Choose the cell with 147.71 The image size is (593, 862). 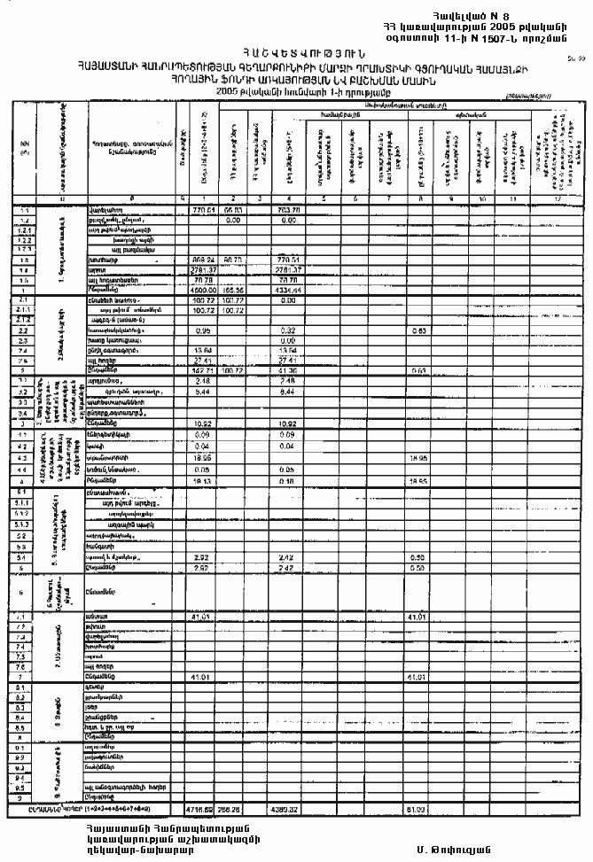[x=204, y=369]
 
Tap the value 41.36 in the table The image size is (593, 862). [x=285, y=369]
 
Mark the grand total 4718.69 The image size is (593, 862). [x=204, y=809]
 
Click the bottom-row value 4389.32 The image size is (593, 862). [x=284, y=809]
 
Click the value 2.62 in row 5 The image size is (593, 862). [x=203, y=567]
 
